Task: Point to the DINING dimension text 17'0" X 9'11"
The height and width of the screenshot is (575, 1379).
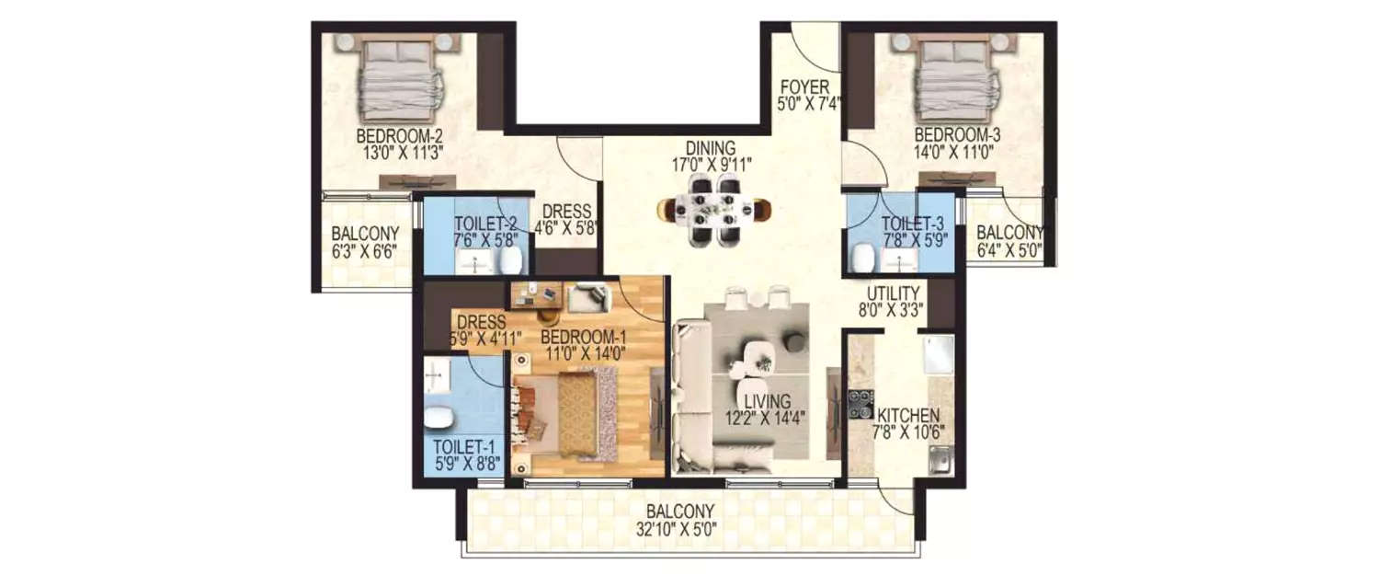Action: coord(711,166)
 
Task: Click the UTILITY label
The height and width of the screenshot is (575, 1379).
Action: coord(888,292)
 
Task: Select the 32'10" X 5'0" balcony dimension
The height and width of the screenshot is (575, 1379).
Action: coord(680,530)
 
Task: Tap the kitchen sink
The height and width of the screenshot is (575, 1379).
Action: coord(939,457)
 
